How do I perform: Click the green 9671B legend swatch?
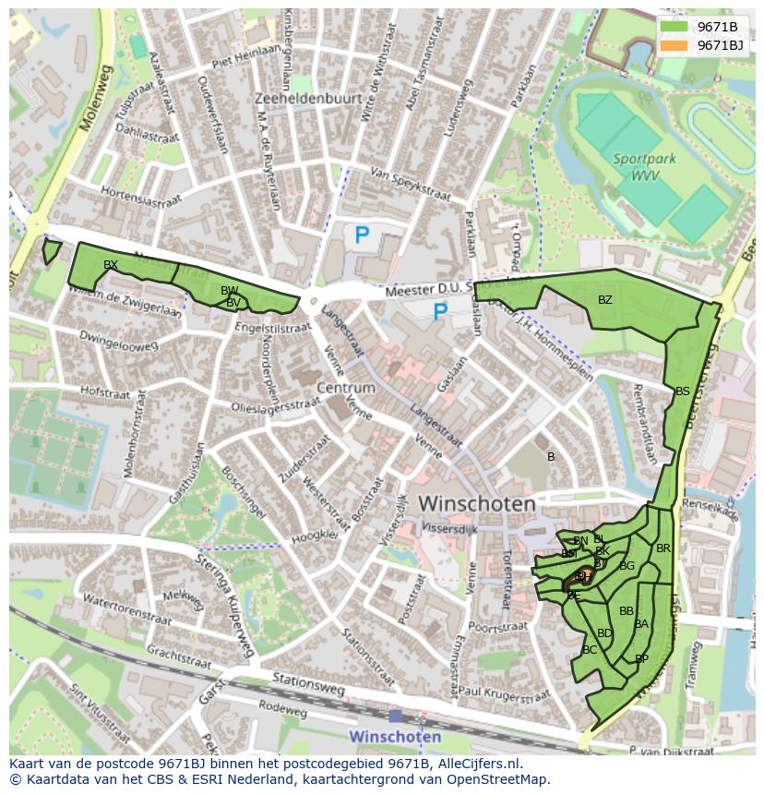(x=674, y=27)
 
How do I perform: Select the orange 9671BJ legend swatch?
(x=674, y=45)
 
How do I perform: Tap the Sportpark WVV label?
(x=644, y=167)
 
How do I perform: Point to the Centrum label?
(x=345, y=388)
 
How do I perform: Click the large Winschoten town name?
(x=477, y=504)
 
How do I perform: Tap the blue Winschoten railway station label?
(x=395, y=737)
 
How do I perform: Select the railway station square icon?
(x=395, y=716)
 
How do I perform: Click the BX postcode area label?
(x=111, y=265)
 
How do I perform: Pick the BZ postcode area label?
(x=604, y=299)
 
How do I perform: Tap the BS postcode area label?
(x=682, y=391)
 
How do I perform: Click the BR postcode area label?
(x=663, y=548)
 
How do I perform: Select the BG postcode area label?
(x=627, y=566)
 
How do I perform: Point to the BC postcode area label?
(x=590, y=650)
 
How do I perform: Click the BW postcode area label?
(x=229, y=291)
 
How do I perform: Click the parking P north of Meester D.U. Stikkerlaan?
(x=362, y=236)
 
